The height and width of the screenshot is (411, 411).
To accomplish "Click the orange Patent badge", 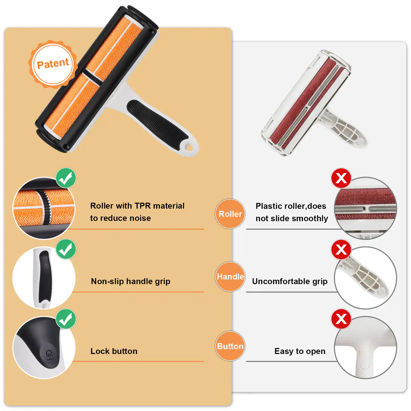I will coord(53,64).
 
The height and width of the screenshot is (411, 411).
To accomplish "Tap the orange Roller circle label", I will coord(230,214).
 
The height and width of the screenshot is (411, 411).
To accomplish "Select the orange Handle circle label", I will coord(230,277).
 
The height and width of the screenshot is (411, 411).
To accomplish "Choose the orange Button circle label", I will coord(230,346).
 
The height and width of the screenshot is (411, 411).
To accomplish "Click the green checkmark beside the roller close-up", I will coord(66,178).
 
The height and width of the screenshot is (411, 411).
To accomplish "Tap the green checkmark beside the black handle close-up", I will coord(66,249).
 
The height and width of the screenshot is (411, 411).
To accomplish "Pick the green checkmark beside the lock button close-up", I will coord(66,319).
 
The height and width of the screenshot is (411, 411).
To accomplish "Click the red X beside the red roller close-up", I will coord(341,178).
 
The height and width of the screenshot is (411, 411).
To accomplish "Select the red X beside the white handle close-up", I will coord(341,249).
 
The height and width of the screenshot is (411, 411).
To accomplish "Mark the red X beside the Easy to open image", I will coord(341,319).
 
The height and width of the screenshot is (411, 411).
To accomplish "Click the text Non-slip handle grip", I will coord(130,281).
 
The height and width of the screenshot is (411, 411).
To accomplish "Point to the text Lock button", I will coord(114,351).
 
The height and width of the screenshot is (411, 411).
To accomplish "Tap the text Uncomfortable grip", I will coord(289,281).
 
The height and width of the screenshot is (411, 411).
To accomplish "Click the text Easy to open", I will coord(300,351).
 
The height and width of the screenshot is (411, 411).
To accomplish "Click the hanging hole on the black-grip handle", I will coord(189,147).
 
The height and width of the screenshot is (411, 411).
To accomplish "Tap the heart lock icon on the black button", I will coord(49,355).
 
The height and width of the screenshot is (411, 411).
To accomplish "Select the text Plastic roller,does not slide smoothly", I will coord(291,212).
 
